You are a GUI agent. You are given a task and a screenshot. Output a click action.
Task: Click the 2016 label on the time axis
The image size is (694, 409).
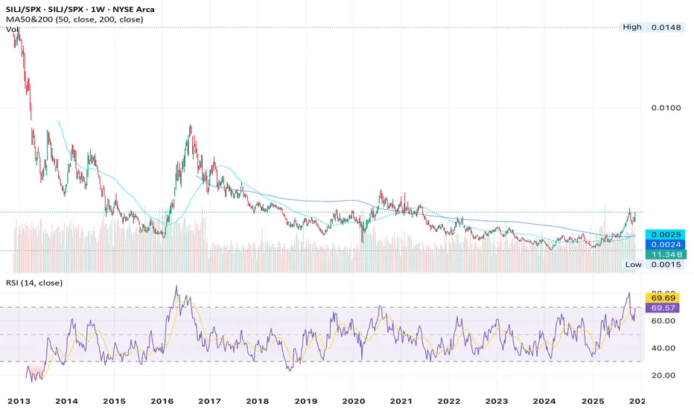(162, 399)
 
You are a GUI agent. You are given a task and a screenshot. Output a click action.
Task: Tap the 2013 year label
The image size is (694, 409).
(18, 399)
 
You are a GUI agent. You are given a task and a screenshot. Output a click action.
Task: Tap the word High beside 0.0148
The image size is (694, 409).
(632, 28)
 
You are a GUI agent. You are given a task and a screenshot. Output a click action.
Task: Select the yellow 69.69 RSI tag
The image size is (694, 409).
(662, 297)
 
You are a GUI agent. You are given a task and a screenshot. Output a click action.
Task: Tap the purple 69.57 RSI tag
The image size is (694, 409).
(662, 307)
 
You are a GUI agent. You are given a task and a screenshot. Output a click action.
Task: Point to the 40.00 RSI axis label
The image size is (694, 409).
(662, 348)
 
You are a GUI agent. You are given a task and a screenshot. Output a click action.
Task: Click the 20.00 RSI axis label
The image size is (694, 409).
(662, 376)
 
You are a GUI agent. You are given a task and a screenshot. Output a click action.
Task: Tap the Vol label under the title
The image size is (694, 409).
(12, 30)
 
